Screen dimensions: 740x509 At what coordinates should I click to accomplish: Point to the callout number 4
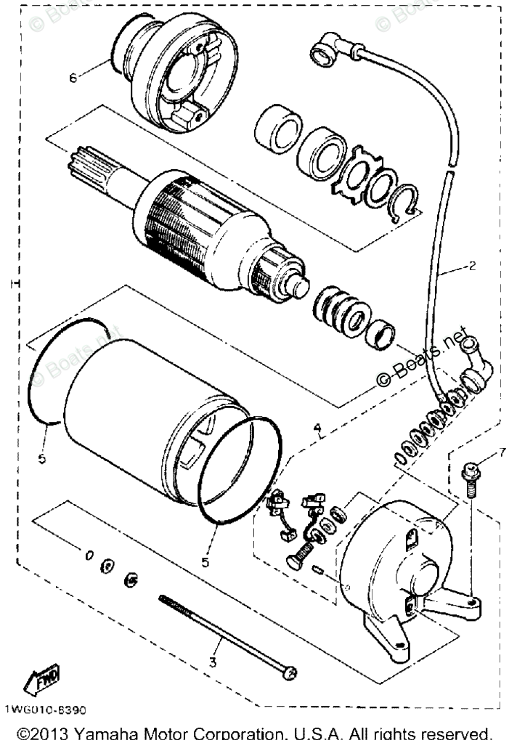pyautogui.click(x=317, y=428)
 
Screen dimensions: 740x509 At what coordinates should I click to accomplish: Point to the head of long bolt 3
pyautogui.click(x=289, y=674)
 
